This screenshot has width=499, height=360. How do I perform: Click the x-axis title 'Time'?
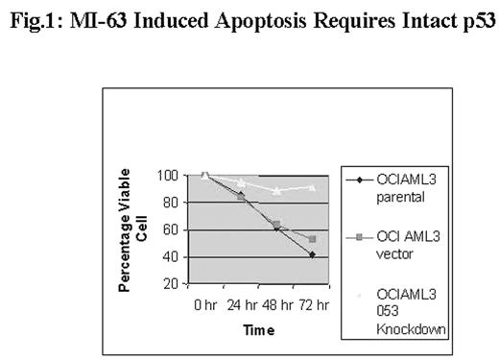point(258,329)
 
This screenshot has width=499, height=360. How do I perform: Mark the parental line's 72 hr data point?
point(313,254)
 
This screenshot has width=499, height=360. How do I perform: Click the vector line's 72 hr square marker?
point(313,239)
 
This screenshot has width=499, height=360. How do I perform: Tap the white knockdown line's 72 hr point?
point(313,188)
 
